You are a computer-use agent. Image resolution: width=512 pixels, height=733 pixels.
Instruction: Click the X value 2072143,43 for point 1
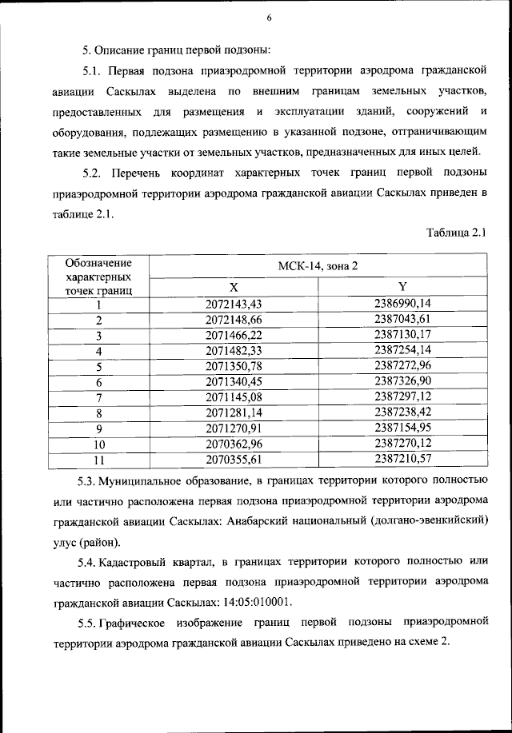click(234, 304)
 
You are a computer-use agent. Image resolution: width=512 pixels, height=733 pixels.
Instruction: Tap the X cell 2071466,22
click(234, 335)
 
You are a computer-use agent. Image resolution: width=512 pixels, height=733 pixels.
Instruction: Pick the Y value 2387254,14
click(402, 350)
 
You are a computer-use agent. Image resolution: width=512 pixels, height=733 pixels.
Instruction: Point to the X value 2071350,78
click(234, 366)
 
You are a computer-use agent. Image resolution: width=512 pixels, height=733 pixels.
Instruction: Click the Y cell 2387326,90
click(402, 381)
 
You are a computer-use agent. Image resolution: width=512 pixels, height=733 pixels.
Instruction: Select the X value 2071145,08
click(234, 397)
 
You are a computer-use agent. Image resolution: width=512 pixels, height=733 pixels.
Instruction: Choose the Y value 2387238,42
click(402, 412)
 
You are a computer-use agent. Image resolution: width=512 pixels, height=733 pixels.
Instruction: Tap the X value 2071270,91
click(234, 428)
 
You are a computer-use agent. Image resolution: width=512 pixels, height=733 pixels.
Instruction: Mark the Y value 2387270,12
click(402, 444)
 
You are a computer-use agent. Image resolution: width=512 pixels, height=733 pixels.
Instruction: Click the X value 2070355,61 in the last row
click(234, 460)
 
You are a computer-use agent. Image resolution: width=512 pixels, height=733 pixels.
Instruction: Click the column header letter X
click(234, 288)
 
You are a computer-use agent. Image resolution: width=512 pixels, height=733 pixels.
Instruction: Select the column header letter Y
click(402, 288)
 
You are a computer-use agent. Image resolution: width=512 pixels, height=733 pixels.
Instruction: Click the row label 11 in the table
click(100, 460)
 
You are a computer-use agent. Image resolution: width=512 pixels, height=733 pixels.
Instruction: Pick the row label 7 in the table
click(100, 397)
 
